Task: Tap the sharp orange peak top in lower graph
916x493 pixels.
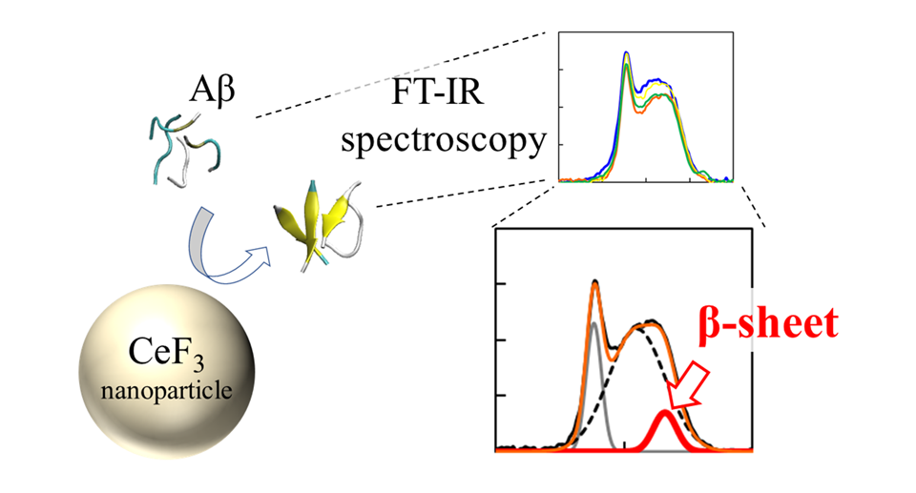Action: [x=595, y=282]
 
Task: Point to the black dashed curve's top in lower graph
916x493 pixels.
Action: [x=651, y=322]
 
